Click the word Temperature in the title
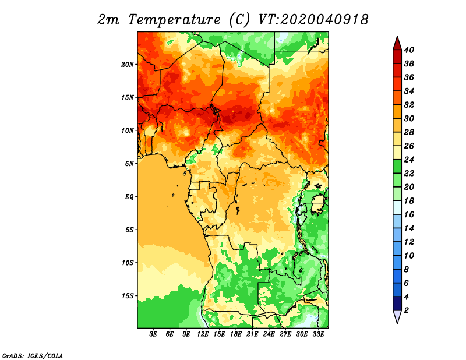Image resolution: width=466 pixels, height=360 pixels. pos(174,20)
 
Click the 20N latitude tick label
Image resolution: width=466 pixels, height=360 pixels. pos(128,65)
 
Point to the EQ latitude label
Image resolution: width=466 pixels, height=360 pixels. pos(129,197)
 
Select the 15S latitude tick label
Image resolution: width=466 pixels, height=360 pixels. pos(128,296)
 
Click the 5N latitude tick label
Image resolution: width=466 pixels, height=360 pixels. pos(129,164)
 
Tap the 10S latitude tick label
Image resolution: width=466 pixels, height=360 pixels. pos(128,263)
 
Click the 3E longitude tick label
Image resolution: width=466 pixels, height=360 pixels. pos(153,334)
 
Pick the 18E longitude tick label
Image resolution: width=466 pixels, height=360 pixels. pos(236,334)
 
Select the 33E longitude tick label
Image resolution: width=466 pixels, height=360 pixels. pos(318,334)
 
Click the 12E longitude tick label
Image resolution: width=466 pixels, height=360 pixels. pos(203,334)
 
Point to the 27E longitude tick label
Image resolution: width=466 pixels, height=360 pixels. pos(285,334)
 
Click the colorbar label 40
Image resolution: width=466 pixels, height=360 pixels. pos(409,50)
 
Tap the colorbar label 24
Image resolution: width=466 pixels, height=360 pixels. pos(409,160)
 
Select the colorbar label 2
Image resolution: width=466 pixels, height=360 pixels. pos(406,310)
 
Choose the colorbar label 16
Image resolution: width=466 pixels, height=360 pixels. pos(409,214)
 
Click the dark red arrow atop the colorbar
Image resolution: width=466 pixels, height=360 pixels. pos(397,43)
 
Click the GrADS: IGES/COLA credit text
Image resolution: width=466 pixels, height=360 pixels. pos(33,355)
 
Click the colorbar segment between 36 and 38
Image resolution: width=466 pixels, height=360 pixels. pos(397,70)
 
